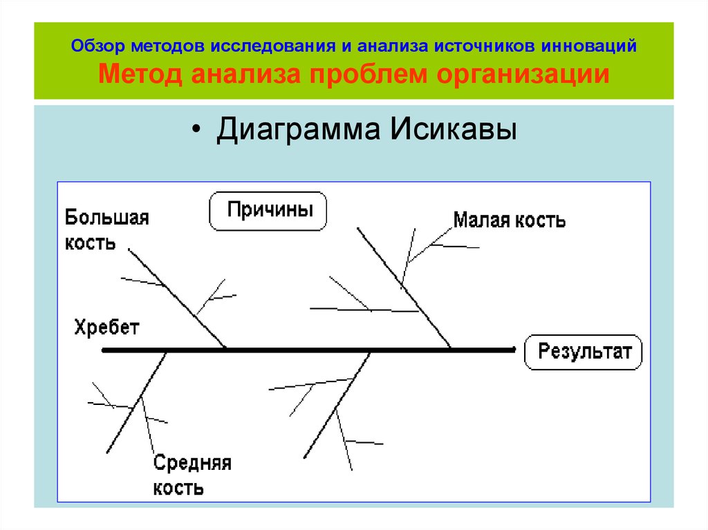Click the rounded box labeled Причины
268,210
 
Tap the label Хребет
106,328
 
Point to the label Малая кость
509,220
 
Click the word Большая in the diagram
106,218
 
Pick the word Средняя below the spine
192,464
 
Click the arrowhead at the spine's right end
512,350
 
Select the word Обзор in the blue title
95,46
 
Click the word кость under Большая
91,243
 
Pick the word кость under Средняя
178,489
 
